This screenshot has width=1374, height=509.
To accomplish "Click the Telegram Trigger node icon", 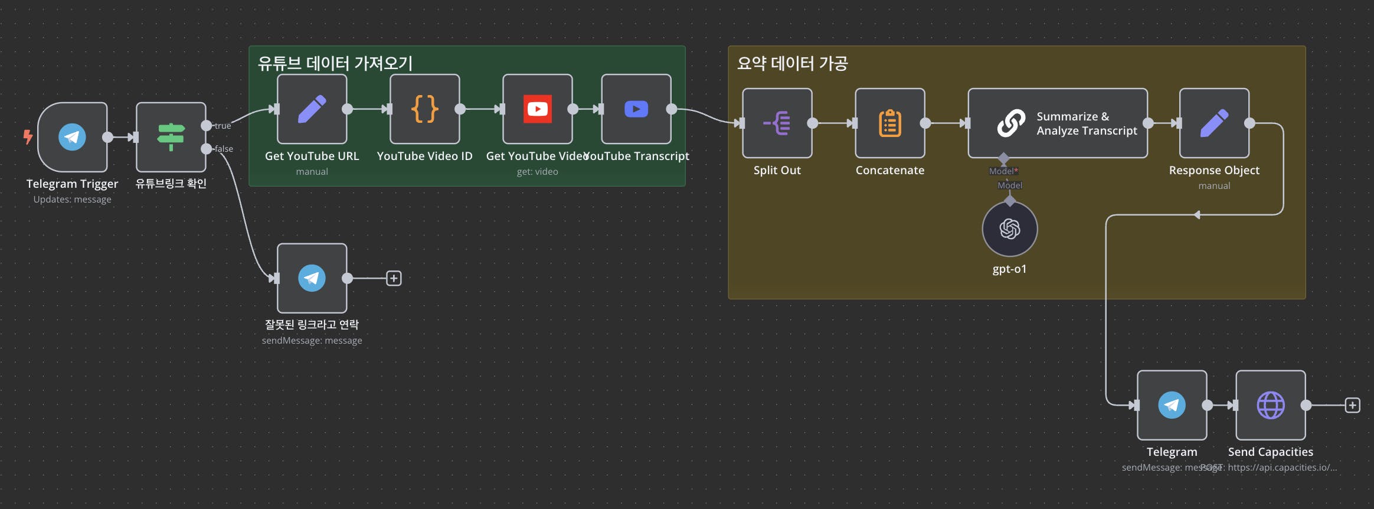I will pyautogui.click(x=72, y=137).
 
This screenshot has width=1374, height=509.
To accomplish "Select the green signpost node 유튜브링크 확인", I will pyautogui.click(x=171, y=137).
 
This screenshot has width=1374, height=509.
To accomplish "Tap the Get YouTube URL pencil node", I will pyautogui.click(x=312, y=109).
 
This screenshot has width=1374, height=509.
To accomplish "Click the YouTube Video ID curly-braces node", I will pyautogui.click(x=424, y=109).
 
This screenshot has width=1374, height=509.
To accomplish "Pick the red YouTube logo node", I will pyautogui.click(x=537, y=109).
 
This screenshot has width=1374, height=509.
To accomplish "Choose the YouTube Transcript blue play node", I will pyautogui.click(x=636, y=109).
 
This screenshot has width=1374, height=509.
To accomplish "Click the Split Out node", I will pyautogui.click(x=777, y=123).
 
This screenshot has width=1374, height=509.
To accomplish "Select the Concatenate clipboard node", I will pyautogui.click(x=889, y=123).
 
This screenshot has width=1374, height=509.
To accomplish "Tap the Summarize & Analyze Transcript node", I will pyautogui.click(x=1058, y=123).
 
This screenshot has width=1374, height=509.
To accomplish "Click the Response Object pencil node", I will pyautogui.click(x=1214, y=123).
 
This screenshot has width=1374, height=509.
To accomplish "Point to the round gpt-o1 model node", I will pyautogui.click(x=1009, y=229).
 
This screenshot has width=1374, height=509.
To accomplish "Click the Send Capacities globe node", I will pyautogui.click(x=1270, y=405).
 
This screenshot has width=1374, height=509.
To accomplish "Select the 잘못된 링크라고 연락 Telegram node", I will pyautogui.click(x=312, y=278).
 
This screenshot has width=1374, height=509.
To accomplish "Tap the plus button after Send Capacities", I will pyautogui.click(x=1352, y=405).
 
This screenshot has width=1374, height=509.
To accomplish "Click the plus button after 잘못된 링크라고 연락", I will pyautogui.click(x=394, y=278).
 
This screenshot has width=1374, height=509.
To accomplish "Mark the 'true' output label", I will pyautogui.click(x=223, y=126).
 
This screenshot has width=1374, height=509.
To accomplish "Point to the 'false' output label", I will pyautogui.click(x=224, y=149).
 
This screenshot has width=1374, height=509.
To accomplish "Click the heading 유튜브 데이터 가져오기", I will pyautogui.click(x=335, y=63).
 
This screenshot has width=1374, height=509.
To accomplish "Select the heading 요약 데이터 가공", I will pyautogui.click(x=792, y=63).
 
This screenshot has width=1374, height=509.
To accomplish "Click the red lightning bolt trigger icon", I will pyautogui.click(x=28, y=137).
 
